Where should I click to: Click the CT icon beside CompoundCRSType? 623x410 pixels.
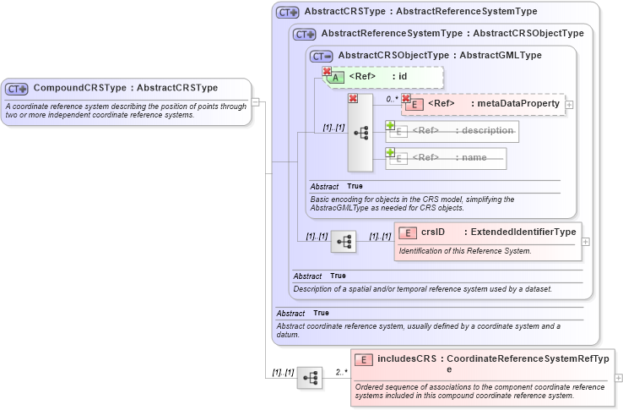tap(17, 88)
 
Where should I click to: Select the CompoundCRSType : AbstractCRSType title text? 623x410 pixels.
tap(125, 88)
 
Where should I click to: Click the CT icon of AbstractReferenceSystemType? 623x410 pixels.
tap(304, 34)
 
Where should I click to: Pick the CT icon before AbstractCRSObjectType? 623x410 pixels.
tap(321, 56)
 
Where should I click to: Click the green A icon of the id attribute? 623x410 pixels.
tap(335, 77)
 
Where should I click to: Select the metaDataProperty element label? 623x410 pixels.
tap(494, 104)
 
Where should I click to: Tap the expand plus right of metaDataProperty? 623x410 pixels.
tap(570, 105)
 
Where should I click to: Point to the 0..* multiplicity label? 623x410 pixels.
tap(392, 99)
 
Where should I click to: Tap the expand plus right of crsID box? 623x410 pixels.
tap(586, 241)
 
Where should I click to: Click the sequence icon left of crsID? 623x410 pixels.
tap(344, 242)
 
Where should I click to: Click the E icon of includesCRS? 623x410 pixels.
tap(363, 359)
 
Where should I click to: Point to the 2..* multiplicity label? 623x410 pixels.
tap(341, 371)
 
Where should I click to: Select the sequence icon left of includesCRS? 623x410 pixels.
tap(310, 378)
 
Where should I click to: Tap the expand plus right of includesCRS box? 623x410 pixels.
tap(619, 378)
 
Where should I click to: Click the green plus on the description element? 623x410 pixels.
tap(390, 126)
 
